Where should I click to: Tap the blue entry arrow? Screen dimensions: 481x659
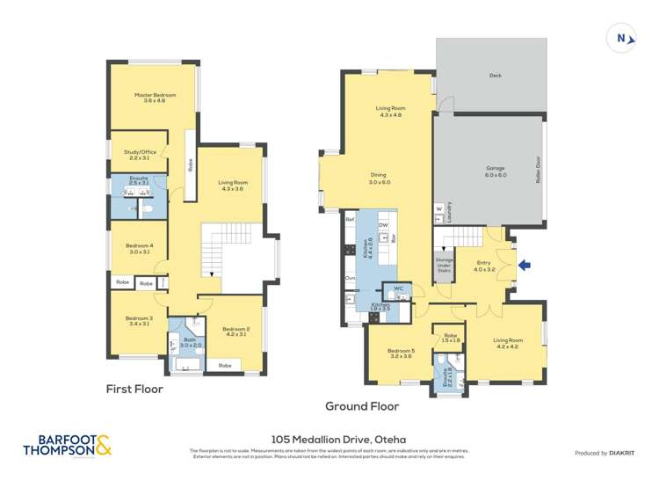tap(525, 264)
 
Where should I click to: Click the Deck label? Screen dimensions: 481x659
tap(496, 76)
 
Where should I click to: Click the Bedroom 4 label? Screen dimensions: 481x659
tap(139, 248)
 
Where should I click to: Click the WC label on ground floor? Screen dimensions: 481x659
tap(398, 288)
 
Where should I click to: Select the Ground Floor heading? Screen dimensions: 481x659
tap(361, 406)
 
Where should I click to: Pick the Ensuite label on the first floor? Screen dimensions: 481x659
tap(139, 180)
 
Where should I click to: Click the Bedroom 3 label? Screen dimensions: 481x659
tap(139, 320)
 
